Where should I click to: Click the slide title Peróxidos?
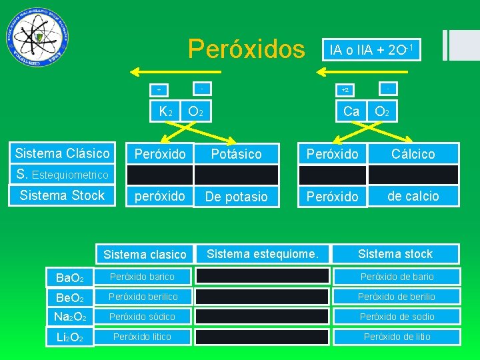point(246,49)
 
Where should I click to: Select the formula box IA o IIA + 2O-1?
point(371,49)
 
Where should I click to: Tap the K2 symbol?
point(165,111)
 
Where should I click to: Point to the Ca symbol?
point(351,111)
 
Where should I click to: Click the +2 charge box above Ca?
point(345,89)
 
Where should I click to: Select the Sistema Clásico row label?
point(62,153)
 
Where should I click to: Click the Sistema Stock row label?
point(62,195)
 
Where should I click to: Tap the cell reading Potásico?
point(236,154)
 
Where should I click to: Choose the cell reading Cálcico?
point(413,154)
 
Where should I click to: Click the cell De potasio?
point(236,197)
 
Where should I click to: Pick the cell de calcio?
point(413,196)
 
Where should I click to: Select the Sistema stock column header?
point(395,253)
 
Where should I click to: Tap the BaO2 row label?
point(70,277)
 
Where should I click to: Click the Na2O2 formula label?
point(70,317)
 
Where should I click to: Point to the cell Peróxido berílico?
point(142,297)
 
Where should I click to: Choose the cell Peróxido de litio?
point(397,337)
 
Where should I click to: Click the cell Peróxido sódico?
point(142,317)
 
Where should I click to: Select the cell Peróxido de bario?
point(397,277)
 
